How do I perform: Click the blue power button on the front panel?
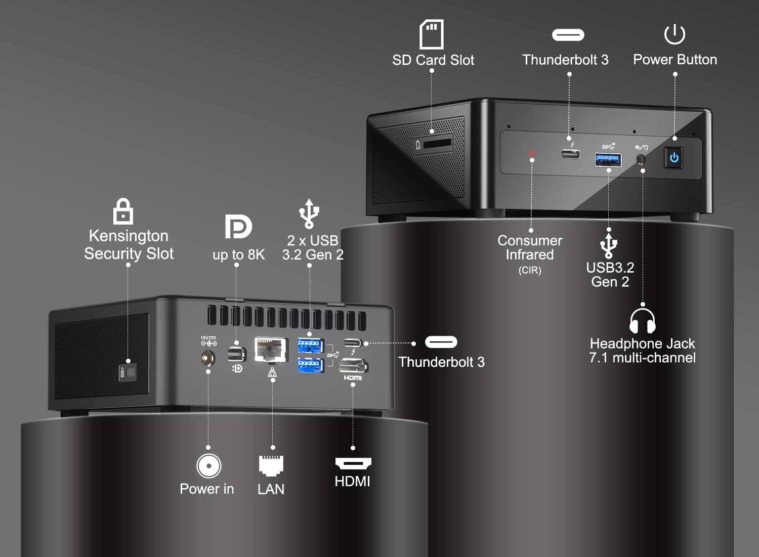[x=674, y=158]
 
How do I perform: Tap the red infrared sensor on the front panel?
[x=532, y=152]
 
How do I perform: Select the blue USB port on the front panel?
[x=608, y=159]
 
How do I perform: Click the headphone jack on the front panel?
[x=641, y=159]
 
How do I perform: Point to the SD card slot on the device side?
[x=437, y=144]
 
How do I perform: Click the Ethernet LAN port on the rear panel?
[x=271, y=350]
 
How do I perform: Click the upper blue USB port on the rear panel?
[x=310, y=346]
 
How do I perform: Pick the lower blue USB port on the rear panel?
[x=310, y=365]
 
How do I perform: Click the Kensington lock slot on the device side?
[x=128, y=373]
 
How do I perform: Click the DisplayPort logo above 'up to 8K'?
[x=238, y=227]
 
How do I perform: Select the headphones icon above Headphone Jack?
[x=642, y=321]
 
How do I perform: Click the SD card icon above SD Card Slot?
[x=432, y=34]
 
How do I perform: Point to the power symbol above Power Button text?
[x=674, y=34]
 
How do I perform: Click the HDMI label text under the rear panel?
[x=352, y=482]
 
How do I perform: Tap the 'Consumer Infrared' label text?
[x=530, y=247]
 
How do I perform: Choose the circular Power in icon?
[x=208, y=465]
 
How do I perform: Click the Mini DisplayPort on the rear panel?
[x=236, y=354]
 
